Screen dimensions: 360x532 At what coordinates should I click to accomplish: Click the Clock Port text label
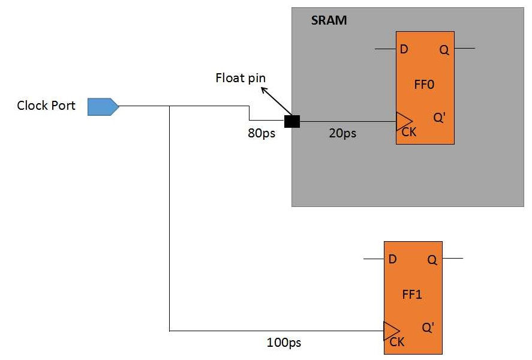[46, 106]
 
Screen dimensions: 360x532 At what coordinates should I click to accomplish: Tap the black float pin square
[292, 121]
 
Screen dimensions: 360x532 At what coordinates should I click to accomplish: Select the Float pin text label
[241, 78]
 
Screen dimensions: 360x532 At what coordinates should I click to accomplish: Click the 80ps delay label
[261, 133]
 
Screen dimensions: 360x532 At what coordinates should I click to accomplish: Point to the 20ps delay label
[342, 133]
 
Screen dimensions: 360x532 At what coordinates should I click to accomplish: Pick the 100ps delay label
[284, 343]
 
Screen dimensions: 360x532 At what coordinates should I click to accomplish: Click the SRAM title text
[329, 21]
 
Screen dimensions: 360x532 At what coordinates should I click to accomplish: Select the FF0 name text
[423, 85]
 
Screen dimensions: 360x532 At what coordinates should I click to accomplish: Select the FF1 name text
[412, 295]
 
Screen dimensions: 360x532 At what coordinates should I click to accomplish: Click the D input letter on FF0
[404, 49]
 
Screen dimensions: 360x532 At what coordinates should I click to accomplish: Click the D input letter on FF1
[392, 259]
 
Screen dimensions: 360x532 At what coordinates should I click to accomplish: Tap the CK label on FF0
[408, 133]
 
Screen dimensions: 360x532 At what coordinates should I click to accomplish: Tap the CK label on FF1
[396, 343]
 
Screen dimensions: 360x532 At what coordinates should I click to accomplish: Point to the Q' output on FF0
[439, 118]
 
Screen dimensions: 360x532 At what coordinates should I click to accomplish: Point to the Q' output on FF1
[428, 328]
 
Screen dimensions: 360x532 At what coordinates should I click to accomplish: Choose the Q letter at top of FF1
[432, 260]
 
